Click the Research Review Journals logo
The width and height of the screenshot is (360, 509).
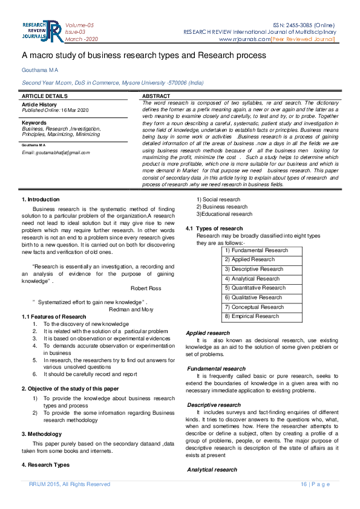[41, 31]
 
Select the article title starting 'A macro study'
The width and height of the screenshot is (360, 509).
[143, 56]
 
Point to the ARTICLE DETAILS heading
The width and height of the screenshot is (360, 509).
[45, 96]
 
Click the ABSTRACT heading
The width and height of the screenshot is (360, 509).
[155, 96]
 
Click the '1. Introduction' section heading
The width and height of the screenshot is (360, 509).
[41, 199]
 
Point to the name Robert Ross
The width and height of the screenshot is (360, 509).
[146, 288]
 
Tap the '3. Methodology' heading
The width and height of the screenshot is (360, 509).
[42, 434]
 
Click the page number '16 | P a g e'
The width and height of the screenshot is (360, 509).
[315, 484]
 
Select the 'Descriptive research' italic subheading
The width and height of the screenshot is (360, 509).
[214, 405]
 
